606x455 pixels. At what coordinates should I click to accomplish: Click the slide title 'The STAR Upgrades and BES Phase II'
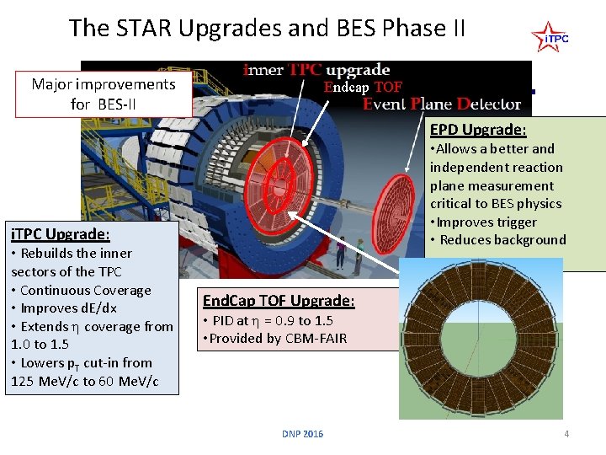pyautogui.click(x=267, y=28)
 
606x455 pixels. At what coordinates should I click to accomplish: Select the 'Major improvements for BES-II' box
pyautogui.click(x=103, y=94)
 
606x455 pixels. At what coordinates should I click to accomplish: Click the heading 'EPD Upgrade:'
pyautogui.click(x=478, y=130)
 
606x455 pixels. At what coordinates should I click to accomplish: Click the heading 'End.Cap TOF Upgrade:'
pyautogui.click(x=279, y=301)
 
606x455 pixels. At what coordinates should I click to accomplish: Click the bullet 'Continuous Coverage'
pyautogui.click(x=81, y=290)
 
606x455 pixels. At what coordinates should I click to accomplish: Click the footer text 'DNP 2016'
pyautogui.click(x=302, y=434)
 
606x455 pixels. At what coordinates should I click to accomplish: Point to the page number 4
pyautogui.click(x=566, y=434)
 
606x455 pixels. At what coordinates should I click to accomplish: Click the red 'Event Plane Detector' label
pyautogui.click(x=442, y=104)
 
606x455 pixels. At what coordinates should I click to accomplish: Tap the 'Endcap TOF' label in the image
pyautogui.click(x=363, y=87)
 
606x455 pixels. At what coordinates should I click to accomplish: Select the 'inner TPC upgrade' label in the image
pyautogui.click(x=316, y=69)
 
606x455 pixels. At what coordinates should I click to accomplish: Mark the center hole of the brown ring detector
pyautogui.click(x=481, y=338)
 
